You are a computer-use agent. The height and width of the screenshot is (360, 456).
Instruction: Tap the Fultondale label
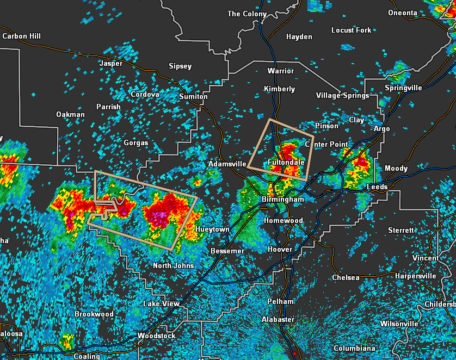click(286, 162)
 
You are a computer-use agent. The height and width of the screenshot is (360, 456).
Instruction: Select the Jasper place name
click(110, 64)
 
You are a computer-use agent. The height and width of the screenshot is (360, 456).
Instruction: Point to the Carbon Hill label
click(21, 36)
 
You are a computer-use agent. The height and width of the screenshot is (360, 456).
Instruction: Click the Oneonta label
click(403, 13)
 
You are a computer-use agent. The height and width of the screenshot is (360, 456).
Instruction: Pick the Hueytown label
click(212, 229)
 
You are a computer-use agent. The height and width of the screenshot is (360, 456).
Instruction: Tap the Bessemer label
click(227, 251)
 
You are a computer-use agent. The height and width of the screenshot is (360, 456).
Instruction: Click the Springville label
click(403, 88)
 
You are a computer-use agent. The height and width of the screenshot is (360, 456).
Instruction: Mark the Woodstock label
click(156, 336)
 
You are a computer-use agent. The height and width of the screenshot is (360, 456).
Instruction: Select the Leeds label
click(377, 187)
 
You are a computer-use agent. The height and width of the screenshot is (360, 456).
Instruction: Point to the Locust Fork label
click(351, 30)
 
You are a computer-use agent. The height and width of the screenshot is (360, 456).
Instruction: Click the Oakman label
click(70, 114)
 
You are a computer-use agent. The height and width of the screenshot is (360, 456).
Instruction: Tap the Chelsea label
click(346, 278)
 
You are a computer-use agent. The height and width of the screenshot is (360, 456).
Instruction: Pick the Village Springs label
click(342, 95)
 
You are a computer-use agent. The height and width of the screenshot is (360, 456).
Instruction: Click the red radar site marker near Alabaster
click(294, 353)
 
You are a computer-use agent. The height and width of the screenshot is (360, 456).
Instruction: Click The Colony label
click(247, 14)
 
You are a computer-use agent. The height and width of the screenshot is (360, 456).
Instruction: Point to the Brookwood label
click(94, 314)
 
